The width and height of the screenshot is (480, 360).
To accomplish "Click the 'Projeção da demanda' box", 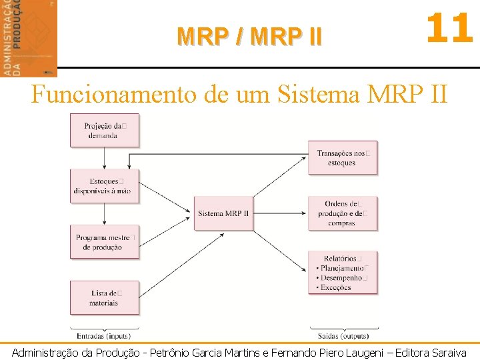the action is tap(105, 130).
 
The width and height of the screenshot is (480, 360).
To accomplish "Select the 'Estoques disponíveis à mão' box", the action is tap(105, 186).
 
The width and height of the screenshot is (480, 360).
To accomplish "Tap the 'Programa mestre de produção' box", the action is tap(105, 242).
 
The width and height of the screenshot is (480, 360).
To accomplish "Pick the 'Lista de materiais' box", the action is tap(105, 297).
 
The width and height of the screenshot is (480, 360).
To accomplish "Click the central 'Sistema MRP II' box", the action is tap(223, 213).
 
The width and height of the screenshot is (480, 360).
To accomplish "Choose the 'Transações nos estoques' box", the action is tap(342, 158).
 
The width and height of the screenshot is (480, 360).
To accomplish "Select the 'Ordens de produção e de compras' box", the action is tap(342, 213).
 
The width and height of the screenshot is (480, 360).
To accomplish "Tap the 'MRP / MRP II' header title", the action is tap(249, 36).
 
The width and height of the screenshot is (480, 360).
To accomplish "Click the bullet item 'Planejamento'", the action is tap(342, 269).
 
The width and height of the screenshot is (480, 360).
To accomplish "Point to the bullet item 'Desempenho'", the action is tap(341, 278).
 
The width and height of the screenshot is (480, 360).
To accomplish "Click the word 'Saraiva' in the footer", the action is tap(449, 353).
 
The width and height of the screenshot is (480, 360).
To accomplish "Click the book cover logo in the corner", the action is tap(29, 38).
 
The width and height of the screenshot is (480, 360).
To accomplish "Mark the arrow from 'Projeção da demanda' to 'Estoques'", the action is tap(105, 158).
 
